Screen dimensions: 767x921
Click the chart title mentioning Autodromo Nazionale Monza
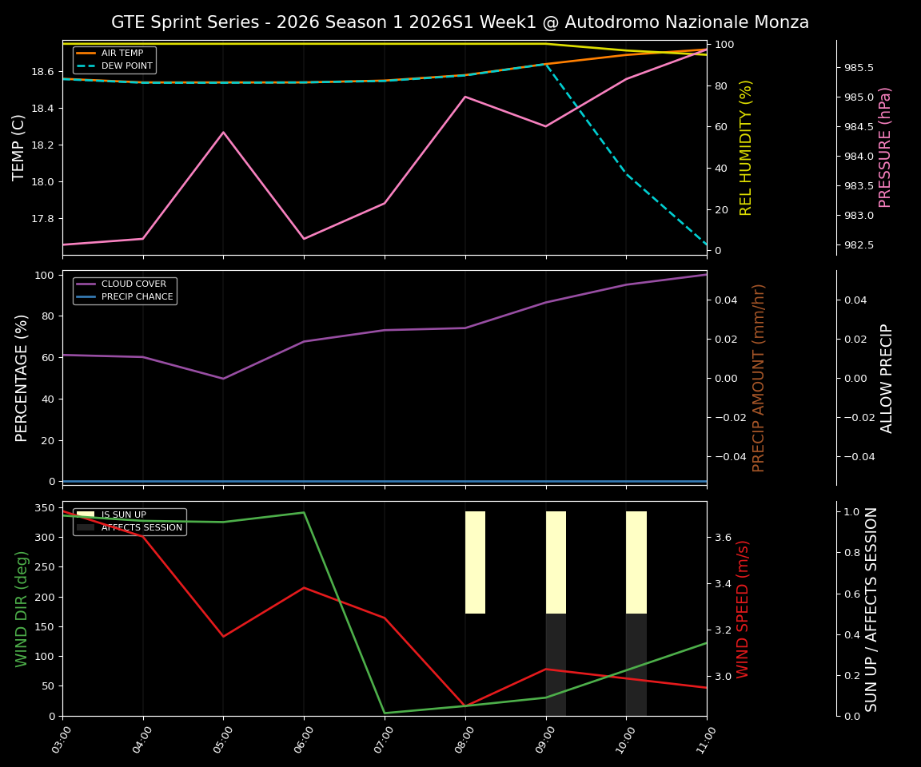(x=460, y=22)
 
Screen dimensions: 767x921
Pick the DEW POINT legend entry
(x=126, y=66)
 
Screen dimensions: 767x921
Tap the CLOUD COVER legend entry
(x=134, y=284)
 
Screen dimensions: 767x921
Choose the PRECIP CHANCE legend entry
(x=137, y=296)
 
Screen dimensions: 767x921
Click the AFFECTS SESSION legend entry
(x=142, y=527)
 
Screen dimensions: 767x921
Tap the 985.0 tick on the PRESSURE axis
(x=859, y=97)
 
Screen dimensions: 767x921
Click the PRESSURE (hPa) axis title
(x=885, y=147)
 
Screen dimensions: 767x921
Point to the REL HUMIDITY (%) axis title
(x=747, y=147)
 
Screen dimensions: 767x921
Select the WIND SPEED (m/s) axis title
(x=744, y=609)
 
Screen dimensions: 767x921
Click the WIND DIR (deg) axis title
(x=22, y=609)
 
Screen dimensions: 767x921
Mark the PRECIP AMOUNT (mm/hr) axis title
(x=760, y=377)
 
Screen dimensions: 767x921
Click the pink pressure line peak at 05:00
(x=223, y=133)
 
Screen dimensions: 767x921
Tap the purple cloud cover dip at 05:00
(x=223, y=379)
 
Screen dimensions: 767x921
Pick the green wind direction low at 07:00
(x=385, y=713)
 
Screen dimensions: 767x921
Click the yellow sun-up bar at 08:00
(x=475, y=562)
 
